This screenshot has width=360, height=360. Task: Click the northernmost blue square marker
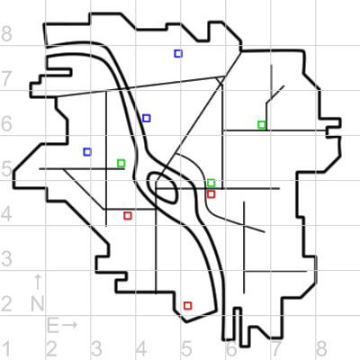coord(178,54)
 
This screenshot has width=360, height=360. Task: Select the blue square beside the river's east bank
coord(147,118)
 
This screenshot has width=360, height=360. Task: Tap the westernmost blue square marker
coord(87,152)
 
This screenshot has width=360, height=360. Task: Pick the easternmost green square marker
coord(262,125)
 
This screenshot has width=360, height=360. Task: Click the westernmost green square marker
coord(121,163)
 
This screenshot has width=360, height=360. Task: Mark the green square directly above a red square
coord(211,183)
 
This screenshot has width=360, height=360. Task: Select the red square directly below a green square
coord(211,194)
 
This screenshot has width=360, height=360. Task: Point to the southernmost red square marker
coord(188,306)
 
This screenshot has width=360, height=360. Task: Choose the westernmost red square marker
coord(128,216)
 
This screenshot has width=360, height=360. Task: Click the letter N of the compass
coord(38,303)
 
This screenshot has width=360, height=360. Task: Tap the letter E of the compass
coord(53,326)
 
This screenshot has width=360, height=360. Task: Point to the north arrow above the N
coord(38,282)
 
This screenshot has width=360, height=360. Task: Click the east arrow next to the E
coord(70,325)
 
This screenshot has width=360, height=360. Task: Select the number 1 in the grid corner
coord(6,349)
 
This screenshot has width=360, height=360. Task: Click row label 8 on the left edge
coord(6,33)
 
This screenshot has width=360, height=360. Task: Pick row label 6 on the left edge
coord(6,123)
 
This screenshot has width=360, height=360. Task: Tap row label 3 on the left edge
coord(6,258)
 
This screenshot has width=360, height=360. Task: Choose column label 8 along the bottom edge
coord(321,349)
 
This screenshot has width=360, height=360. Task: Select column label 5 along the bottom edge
coord(186,349)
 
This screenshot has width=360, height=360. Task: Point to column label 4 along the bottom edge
coord(141,349)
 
